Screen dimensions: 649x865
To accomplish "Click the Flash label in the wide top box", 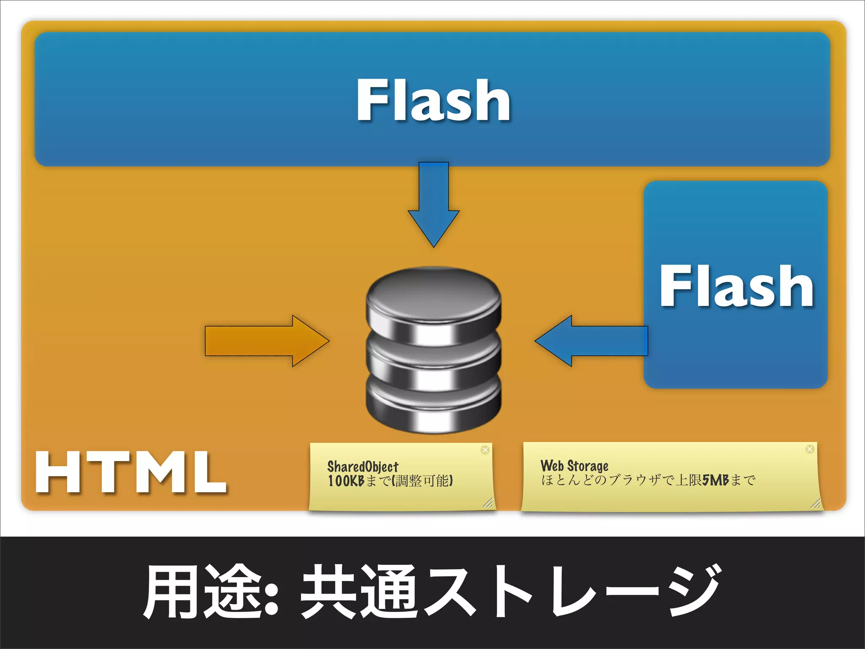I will click(x=433, y=100).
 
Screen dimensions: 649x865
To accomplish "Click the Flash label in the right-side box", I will click(x=736, y=286).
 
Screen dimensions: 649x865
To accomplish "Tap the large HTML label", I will click(x=131, y=472).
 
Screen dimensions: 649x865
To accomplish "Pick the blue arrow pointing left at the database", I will click(x=591, y=341).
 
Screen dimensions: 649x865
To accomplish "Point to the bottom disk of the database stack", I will click(x=433, y=408).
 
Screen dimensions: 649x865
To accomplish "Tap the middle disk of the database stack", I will click(x=433, y=359).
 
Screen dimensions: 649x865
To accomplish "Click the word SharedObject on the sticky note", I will click(x=362, y=466).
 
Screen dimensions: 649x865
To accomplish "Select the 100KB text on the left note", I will click(x=346, y=481).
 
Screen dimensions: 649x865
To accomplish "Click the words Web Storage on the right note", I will click(x=574, y=466).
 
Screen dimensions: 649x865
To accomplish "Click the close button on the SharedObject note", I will click(x=485, y=450).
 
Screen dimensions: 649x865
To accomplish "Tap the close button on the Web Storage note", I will click(x=809, y=449).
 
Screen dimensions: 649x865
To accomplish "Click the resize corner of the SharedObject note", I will click(x=488, y=502).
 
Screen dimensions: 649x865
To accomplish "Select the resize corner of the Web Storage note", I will click(x=816, y=503).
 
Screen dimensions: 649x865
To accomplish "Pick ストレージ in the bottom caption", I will click(x=570, y=592).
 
